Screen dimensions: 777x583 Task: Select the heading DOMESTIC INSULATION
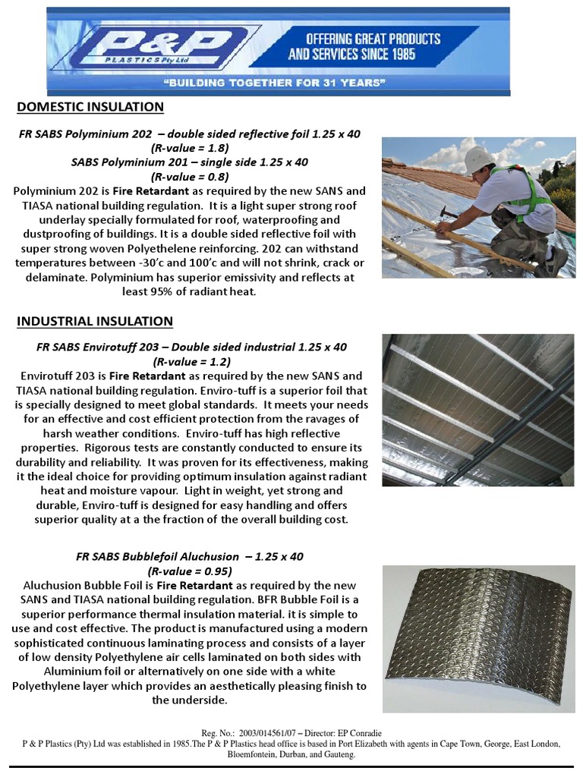click(90, 107)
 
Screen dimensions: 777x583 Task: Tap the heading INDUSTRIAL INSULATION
click(95, 322)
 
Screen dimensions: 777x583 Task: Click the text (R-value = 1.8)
click(190, 148)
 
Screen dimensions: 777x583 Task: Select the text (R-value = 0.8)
click(190, 177)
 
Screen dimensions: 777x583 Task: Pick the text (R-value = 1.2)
click(191, 362)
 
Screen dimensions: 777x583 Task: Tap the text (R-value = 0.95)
click(190, 571)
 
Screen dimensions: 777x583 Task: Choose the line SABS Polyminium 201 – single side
click(190, 162)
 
